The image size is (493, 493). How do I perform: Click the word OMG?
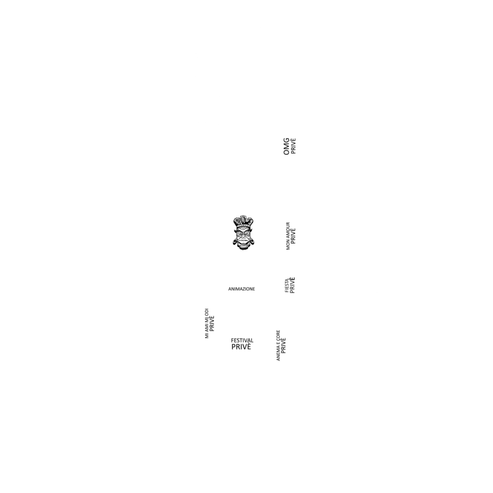coord(286,146)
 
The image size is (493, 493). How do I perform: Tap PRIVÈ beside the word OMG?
coord(293,146)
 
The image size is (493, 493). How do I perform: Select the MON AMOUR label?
coord(288,236)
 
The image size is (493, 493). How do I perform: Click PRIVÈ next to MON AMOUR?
coord(293,236)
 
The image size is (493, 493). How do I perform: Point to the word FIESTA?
coord(287,285)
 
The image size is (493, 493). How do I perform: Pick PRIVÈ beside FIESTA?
coord(292,285)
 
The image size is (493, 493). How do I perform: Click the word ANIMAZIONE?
coord(242,289)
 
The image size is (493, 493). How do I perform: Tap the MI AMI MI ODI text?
coord(207,324)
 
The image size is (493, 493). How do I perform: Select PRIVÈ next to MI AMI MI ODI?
coord(212,324)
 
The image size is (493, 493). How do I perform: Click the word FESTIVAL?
coord(242,340)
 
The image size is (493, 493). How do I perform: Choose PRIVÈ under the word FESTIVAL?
coord(241,347)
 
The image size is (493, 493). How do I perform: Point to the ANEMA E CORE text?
coord(278,345)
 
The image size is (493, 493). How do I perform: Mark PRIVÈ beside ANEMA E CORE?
coord(284,345)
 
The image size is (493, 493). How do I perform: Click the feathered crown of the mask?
coord(243,222)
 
